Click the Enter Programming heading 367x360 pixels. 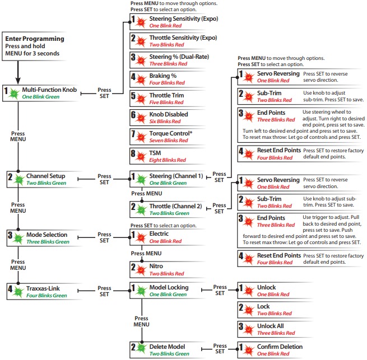[x=35, y=39]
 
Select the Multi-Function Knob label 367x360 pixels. [x=49, y=90]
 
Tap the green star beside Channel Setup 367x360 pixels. [x=19, y=180]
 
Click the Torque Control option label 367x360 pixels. [x=171, y=133]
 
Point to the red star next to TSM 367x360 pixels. [x=141, y=156]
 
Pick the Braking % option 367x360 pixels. [x=163, y=76]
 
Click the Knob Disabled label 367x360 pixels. [x=169, y=114]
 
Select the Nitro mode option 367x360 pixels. [x=156, y=266]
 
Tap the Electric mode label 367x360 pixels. [x=159, y=233]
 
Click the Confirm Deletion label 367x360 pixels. [x=280, y=347]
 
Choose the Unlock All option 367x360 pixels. [x=270, y=326]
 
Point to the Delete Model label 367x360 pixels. [x=167, y=347]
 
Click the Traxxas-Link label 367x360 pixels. [x=43, y=288]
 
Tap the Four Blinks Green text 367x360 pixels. [x=47, y=296]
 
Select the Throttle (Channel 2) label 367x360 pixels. [x=175, y=206]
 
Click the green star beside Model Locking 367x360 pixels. [x=141, y=291]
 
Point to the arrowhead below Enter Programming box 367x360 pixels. [x=18, y=80]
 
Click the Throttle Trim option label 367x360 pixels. [x=166, y=95]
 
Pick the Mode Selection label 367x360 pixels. [x=47, y=235]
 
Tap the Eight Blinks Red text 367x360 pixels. [x=168, y=160]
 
